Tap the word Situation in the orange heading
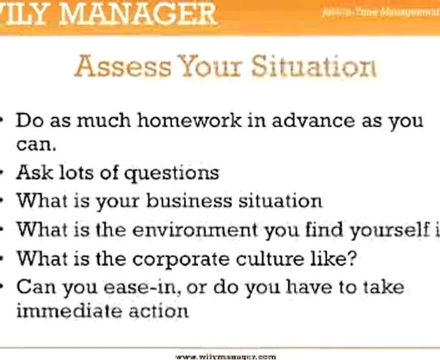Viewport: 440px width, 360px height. coord(314,66)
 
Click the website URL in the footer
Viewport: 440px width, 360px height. coord(226,356)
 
